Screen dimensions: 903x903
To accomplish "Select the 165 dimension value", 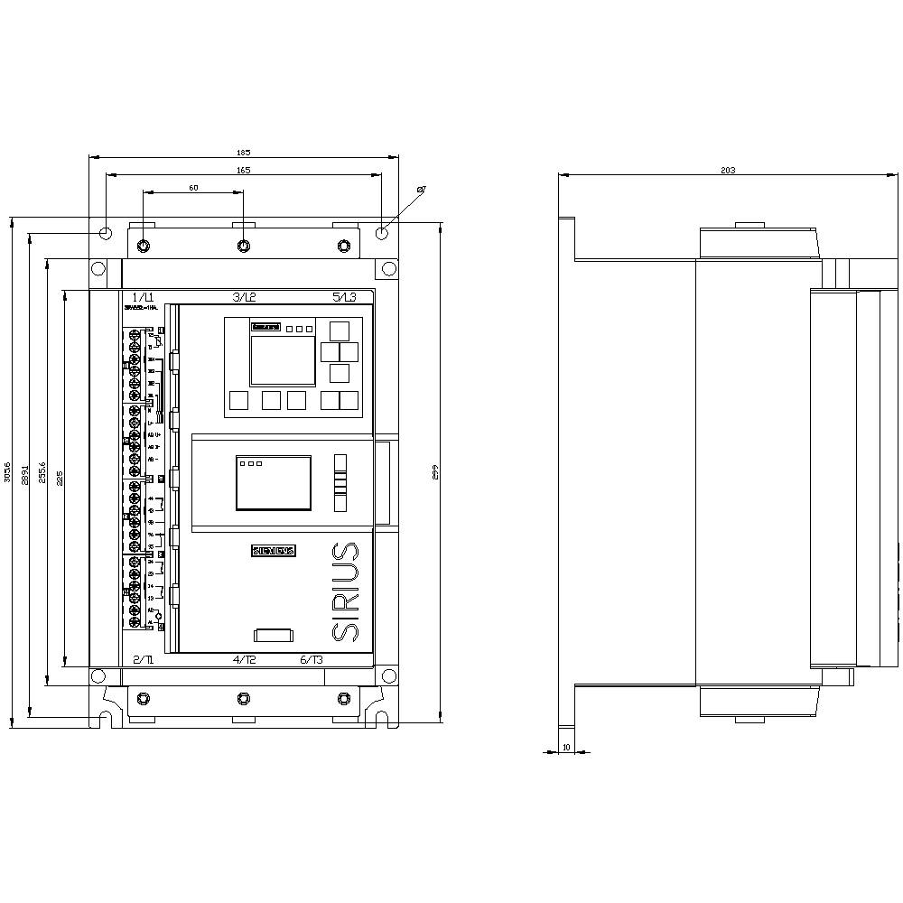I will (244, 170).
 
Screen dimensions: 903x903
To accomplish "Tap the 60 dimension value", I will (193, 188).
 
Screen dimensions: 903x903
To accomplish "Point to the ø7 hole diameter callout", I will (421, 189).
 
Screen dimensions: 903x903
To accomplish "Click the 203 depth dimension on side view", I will (728, 170).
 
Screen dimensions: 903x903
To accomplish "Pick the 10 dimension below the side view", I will (566, 747).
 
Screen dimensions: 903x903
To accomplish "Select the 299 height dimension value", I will (434, 471).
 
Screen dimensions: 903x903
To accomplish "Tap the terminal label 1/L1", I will (144, 297).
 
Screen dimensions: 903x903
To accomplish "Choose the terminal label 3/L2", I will (245, 297).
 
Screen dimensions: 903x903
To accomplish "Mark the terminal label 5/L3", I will (344, 297).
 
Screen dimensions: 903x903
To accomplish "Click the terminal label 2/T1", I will (144, 660).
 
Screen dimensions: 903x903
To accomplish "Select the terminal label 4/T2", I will (245, 660).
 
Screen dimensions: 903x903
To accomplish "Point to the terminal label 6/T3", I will (312, 660).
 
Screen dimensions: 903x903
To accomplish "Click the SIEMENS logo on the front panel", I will (273, 551).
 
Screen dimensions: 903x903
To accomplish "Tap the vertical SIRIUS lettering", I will (345, 591).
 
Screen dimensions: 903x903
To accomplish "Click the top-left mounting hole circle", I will (106, 233).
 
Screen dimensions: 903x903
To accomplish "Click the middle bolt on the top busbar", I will (244, 247).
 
